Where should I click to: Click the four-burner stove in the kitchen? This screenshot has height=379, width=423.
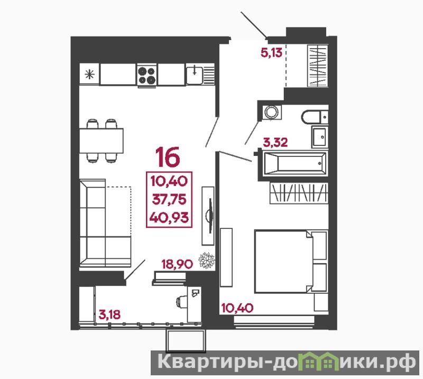click(x=147, y=76)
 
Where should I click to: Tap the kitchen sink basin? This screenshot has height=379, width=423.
click(x=195, y=75)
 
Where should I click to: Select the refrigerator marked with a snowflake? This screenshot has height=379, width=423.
click(x=89, y=74)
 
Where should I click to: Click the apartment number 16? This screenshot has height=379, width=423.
click(x=167, y=156)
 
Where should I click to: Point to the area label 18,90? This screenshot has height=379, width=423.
click(x=177, y=264)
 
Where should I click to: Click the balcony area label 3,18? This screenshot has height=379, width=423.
click(x=109, y=315)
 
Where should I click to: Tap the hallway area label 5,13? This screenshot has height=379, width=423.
click(x=271, y=52)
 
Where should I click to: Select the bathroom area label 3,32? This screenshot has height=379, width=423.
click(x=275, y=142)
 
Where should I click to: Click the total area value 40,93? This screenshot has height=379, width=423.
click(x=169, y=217)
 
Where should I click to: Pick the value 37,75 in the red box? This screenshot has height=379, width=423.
click(x=169, y=200)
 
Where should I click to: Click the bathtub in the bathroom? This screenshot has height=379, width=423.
click(x=295, y=163)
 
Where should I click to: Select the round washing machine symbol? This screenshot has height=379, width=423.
click(x=271, y=112)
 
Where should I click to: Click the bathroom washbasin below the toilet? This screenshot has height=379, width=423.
click(x=320, y=137)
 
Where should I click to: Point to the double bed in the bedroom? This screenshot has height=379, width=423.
click(x=291, y=261)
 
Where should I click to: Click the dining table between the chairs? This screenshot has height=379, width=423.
click(x=101, y=141)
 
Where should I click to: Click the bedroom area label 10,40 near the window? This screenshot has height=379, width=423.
click(x=237, y=308)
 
